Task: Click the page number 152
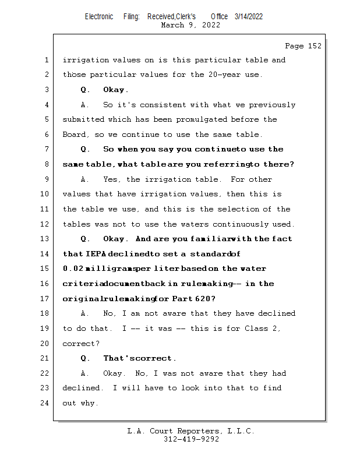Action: [314, 46]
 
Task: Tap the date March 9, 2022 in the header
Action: [190, 25]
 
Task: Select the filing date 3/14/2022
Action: [249, 16]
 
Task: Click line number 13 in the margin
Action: [47, 239]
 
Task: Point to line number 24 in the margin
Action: [47, 403]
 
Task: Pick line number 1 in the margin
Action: [47, 60]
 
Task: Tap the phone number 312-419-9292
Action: [191, 439]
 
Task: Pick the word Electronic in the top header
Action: [99, 16]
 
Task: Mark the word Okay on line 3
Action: [115, 90]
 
